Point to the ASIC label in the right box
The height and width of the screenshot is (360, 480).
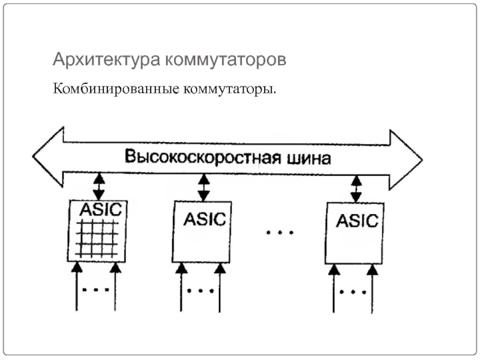click(358, 220)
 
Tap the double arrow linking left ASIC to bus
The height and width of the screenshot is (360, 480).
click(99, 186)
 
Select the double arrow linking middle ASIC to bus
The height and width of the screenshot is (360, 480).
click(204, 188)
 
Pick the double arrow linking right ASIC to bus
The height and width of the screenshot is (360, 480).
click(356, 189)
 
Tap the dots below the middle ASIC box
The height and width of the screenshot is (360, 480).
click(200, 292)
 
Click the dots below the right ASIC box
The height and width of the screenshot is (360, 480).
click(353, 293)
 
